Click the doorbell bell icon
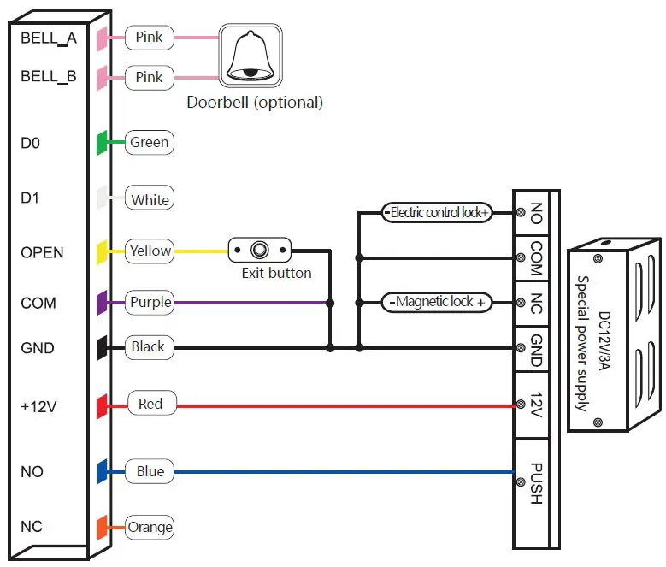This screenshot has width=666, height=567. point(249,55)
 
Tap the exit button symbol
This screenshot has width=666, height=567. point(260,251)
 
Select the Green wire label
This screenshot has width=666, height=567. point(150,143)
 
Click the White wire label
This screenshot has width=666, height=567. point(150,200)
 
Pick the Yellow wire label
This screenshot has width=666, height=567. point(150,251)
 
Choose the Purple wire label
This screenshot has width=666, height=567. point(150,302)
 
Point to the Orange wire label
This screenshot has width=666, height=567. point(150,527)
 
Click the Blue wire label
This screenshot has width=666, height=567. point(150,471)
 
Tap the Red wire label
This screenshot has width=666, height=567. point(150,404)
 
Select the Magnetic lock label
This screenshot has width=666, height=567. point(437,302)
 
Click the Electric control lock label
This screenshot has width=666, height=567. point(437,212)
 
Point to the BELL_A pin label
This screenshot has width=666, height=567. point(49,38)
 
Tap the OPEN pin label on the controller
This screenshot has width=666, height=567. point(42,252)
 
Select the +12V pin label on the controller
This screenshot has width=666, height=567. point(38,406)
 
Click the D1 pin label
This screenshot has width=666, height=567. point(30,198)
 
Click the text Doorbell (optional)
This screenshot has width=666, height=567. point(255,103)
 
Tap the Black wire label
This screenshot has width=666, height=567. point(148,347)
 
